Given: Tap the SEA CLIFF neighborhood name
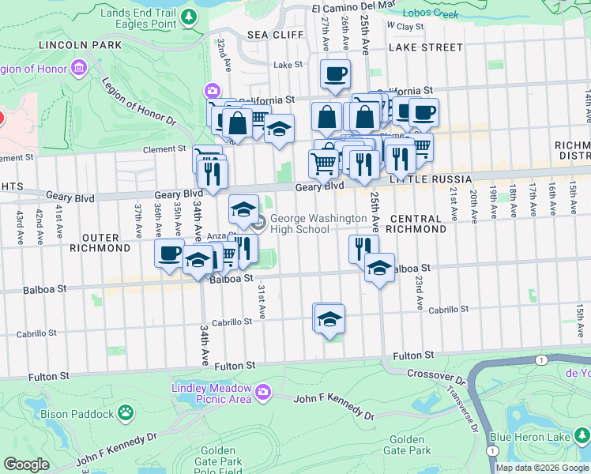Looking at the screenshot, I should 269,35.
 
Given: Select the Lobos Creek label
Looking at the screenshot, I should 431,13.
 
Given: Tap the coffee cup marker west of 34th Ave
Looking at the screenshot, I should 168,254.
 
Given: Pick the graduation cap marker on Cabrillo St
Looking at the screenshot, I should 329,319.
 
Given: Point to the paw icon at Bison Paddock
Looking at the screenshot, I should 125,412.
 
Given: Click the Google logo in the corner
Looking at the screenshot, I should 26,465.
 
